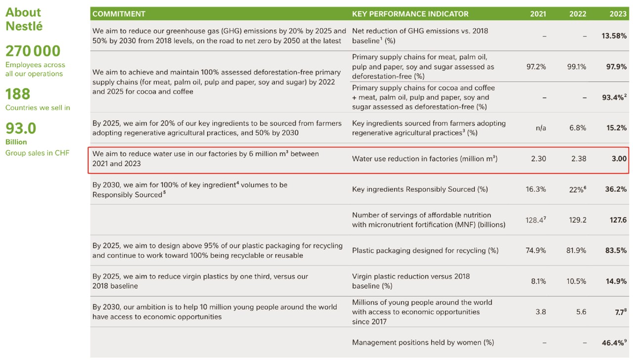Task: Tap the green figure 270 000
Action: tap(33, 51)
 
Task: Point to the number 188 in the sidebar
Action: tap(18, 94)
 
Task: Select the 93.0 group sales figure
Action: tap(21, 129)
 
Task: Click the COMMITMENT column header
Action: tap(119, 14)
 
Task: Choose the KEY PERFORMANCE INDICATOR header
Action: tap(410, 14)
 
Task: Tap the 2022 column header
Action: tap(577, 14)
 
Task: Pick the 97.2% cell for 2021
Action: tap(536, 67)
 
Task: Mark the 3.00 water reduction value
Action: tap(618, 159)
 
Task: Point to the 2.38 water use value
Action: tap(577, 159)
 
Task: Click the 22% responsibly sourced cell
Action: tap(577, 189)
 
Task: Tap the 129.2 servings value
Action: tap(577, 220)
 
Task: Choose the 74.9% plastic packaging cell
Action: tap(536, 251)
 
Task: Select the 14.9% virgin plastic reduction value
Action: tap(616, 281)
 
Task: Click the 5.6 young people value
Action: tap(581, 312)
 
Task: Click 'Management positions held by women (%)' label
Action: tap(423, 342)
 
